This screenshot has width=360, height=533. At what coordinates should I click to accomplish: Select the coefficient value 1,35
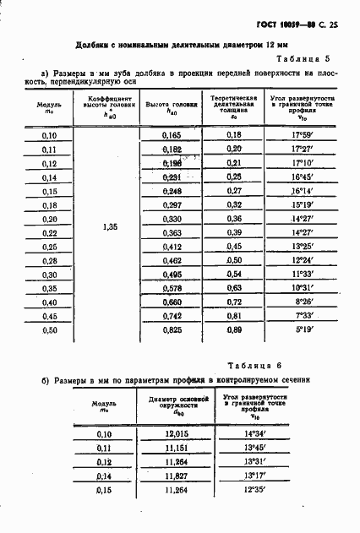pyautogui.click(x=109, y=226)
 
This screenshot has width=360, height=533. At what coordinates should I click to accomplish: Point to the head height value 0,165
pyautogui.click(x=172, y=135)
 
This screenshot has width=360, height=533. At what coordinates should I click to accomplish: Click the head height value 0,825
pyautogui.click(x=172, y=329)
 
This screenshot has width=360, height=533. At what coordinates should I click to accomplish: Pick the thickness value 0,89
pyautogui.click(x=234, y=329)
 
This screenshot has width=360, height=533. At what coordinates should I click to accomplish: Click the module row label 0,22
pyautogui.click(x=49, y=232)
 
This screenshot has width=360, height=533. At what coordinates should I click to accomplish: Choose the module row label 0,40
pyautogui.click(x=49, y=302)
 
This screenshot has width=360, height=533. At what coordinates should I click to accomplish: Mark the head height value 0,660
pyautogui.click(x=172, y=302)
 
